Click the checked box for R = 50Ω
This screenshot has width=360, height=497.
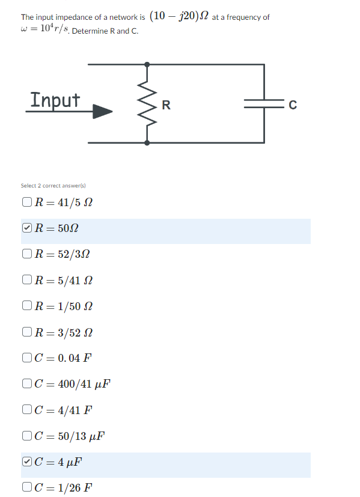26,228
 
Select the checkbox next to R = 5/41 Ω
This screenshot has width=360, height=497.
26,280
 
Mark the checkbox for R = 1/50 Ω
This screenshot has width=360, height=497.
26,306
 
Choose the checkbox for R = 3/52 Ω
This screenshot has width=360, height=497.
26,332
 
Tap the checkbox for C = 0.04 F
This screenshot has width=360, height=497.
26,358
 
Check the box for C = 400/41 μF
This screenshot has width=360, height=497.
26,384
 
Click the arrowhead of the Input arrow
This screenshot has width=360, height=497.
103,111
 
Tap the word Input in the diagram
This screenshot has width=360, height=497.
55,99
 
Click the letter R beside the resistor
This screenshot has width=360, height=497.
166,106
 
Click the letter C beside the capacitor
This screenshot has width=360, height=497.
293,106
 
